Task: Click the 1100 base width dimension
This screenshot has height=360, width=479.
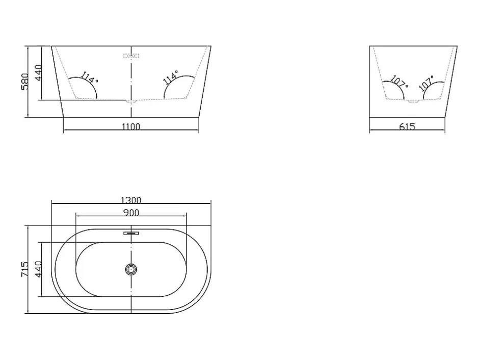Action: (131, 126)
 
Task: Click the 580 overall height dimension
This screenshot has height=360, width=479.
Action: (25, 82)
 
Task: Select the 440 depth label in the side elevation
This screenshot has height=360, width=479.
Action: (39, 73)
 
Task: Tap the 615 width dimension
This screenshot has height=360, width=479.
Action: (407, 126)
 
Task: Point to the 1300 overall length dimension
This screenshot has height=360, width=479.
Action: (131, 200)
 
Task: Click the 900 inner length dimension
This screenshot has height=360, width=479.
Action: (131, 213)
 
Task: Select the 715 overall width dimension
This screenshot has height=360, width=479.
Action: (25, 269)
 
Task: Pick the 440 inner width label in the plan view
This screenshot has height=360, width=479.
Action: (39, 269)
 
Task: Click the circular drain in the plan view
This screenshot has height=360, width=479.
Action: (131, 269)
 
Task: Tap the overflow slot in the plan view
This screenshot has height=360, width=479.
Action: (131, 233)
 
